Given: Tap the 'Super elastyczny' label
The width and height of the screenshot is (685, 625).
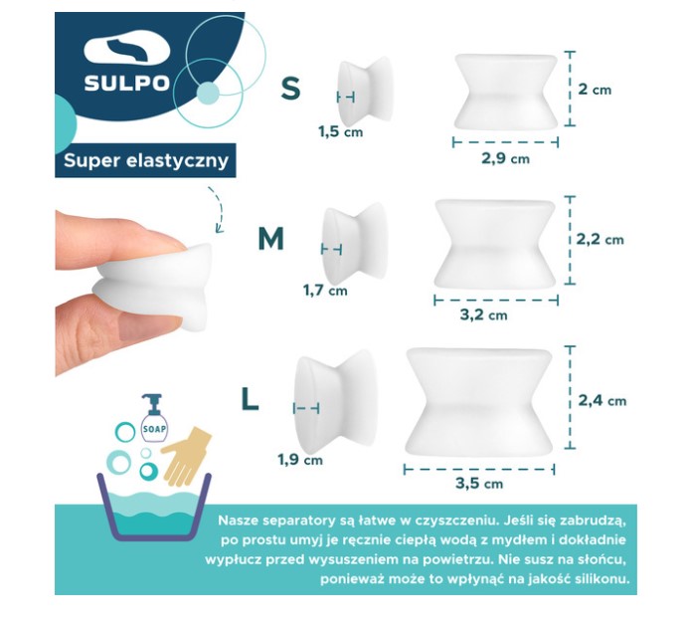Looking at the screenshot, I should click(145, 159).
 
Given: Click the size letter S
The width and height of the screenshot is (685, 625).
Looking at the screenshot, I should click(290, 89).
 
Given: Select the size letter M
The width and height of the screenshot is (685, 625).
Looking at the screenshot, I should click(270, 239).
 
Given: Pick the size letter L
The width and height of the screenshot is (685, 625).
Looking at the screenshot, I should click(250, 399).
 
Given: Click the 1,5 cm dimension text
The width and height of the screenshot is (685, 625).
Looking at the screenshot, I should click(340, 130).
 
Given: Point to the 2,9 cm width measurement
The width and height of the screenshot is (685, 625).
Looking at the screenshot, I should click(505, 158).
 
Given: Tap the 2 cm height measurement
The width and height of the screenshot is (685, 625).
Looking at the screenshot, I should click(595, 90).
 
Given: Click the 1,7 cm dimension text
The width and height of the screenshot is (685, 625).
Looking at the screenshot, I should click(325, 291).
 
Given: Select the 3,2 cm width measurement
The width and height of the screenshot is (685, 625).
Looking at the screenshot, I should click(484, 314).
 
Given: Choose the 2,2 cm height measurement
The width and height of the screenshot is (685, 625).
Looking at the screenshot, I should click(600, 239).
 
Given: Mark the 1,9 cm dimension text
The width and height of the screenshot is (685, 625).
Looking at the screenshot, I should click(299, 459).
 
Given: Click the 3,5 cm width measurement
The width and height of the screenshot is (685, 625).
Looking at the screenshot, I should click(478, 484).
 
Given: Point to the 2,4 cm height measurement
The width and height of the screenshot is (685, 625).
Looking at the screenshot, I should click(602, 400).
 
